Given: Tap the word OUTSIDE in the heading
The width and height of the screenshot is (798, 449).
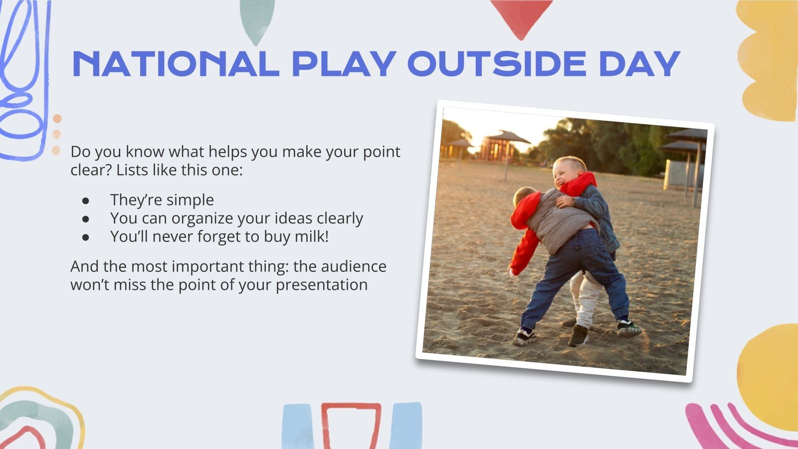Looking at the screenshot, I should coord(497,63).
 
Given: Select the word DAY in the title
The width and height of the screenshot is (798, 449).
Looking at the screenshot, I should coord(639,63).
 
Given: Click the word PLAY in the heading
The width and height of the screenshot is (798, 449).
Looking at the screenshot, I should coord(344,63).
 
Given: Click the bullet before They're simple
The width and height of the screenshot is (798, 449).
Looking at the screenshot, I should coord(86,200).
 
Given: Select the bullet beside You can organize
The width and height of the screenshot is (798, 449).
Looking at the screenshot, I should coord(86,219).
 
